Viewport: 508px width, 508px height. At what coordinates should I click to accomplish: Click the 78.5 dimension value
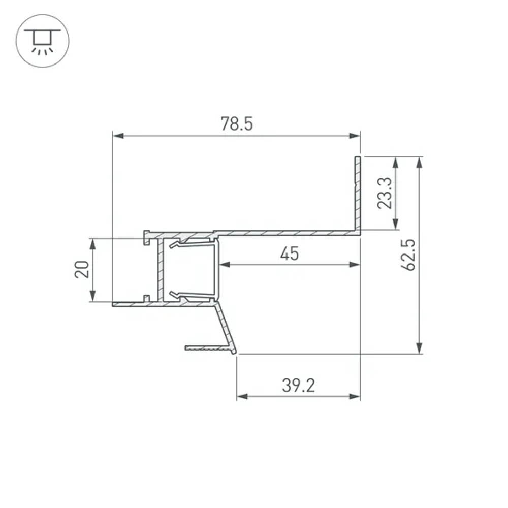tap(236, 124)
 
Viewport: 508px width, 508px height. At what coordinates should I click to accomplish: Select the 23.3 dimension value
tap(385, 193)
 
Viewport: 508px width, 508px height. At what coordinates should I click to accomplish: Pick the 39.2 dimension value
tap(298, 386)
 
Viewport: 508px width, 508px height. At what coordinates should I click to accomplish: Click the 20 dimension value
tap(82, 269)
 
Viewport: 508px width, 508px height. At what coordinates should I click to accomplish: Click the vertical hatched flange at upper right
tap(358, 193)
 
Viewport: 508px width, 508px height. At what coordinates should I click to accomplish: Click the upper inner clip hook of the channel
tap(175, 245)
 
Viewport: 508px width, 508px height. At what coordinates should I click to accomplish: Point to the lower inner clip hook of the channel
tap(175, 294)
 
